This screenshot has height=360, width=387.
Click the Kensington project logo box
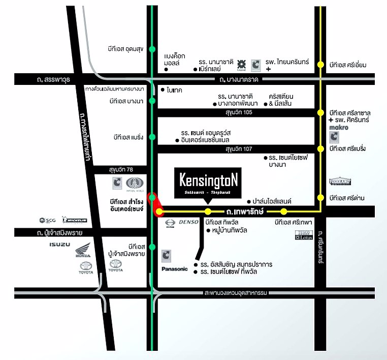(208, 183)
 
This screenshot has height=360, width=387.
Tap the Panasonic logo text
(174, 268)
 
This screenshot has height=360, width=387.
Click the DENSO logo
(189, 222)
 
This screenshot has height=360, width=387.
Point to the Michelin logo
(75, 220)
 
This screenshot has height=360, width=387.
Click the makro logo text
(339, 127)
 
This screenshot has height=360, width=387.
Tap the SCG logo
(47, 220)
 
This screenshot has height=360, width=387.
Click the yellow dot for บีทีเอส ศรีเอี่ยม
(320, 65)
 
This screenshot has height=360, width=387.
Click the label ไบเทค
(175, 89)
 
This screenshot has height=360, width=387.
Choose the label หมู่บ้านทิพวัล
(232, 231)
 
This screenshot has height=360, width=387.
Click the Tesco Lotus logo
(303, 235)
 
